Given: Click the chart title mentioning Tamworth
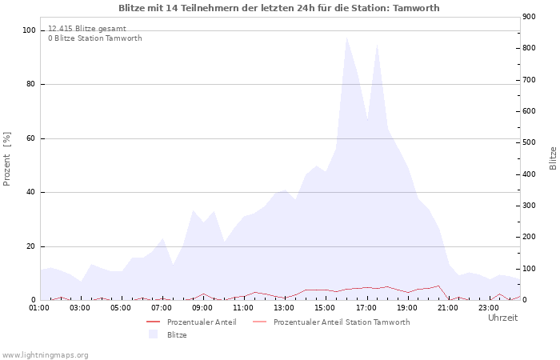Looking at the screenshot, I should [278, 8].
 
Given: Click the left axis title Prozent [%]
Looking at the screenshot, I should [7, 158].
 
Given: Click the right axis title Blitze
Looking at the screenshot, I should [553, 158].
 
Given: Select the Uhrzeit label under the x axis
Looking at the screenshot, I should [502, 318].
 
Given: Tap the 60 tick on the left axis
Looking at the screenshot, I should [31, 138].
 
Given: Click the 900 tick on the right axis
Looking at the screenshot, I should [529, 17].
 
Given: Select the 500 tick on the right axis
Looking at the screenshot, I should [529, 142].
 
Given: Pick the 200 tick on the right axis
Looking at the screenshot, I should [529, 237].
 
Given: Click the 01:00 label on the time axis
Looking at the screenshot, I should [39, 307].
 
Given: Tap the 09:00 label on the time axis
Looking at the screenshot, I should [202, 307].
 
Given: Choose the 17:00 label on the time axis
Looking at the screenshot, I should [366, 307].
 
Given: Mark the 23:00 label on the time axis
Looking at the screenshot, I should [489, 307].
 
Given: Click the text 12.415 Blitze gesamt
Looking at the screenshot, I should [86, 29].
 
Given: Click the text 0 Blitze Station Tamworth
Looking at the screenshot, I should [94, 38].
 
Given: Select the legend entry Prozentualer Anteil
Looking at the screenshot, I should [201, 322].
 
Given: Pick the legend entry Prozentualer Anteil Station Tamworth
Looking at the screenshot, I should [341, 322].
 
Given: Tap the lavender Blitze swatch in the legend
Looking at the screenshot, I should [153, 334].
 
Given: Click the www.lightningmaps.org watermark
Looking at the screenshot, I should [45, 354].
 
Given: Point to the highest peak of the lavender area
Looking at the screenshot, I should [346, 38].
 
